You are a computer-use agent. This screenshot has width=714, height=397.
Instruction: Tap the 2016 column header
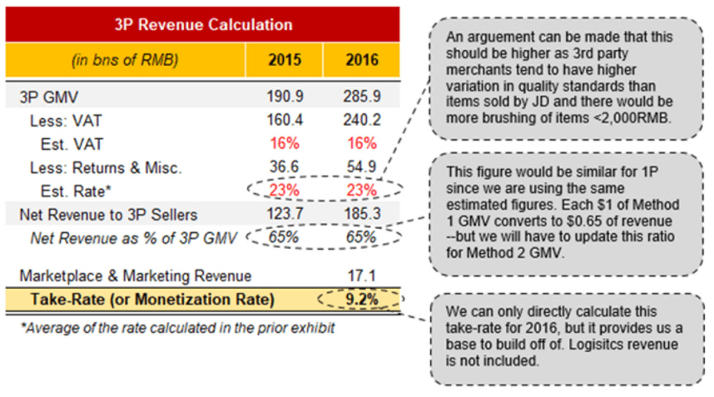[x=361, y=60]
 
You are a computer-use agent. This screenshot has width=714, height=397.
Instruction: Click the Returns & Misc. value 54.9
[x=361, y=167]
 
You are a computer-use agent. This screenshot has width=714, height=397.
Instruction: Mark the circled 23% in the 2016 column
[x=361, y=191]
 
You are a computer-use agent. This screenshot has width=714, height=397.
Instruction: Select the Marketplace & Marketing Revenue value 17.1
[x=361, y=275]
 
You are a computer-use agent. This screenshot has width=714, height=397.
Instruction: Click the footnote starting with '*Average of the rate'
[x=177, y=327]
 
